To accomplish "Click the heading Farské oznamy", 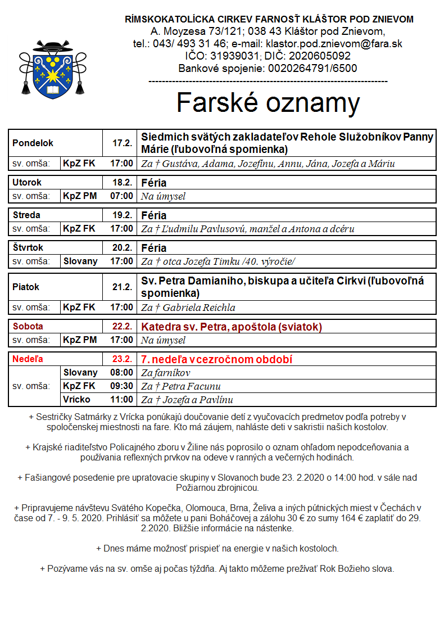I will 268,103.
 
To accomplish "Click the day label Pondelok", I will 33,143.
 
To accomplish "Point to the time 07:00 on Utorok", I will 121,196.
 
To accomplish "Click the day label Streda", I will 26,215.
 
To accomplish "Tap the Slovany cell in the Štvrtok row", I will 80,261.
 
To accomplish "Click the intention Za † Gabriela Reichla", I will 188,308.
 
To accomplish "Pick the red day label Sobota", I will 28,327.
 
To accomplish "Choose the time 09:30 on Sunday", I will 121,386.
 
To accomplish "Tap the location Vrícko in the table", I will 77,400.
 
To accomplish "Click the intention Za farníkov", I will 166,373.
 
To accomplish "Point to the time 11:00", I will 121,400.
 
